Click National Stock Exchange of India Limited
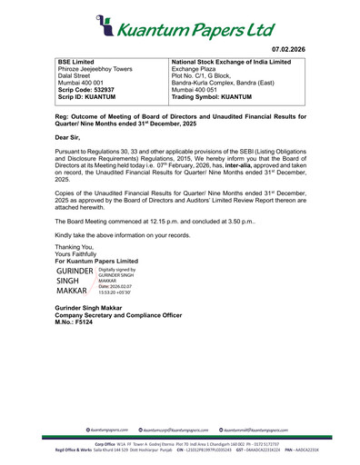(x=231, y=62)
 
